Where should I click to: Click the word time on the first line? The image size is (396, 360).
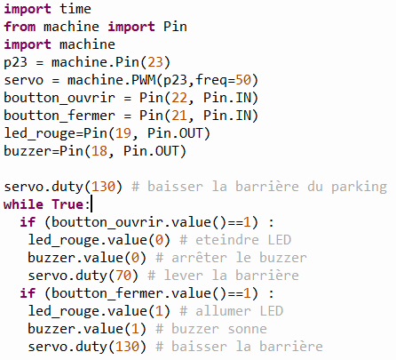(75, 9)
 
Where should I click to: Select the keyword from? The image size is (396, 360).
(20, 27)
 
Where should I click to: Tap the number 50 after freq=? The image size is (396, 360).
(243, 80)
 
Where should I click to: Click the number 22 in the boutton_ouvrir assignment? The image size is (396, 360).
(179, 98)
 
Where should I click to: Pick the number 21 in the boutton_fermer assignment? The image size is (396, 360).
(179, 116)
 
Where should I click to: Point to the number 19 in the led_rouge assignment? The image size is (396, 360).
(123, 133)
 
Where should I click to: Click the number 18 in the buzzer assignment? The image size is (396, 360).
(99, 151)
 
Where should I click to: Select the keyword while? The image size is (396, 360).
(23, 204)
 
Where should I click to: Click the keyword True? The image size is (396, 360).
(67, 204)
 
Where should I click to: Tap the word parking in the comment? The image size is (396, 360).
(359, 187)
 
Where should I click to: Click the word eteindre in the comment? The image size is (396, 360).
(227, 240)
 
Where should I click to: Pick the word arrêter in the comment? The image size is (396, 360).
(199, 258)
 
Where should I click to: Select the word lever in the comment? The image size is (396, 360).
(184, 276)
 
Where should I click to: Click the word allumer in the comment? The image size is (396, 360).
(223, 311)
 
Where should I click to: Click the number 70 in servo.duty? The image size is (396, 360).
(123, 276)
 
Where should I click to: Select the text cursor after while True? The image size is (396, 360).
(91, 204)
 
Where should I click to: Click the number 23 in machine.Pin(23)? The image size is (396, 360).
(155, 62)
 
